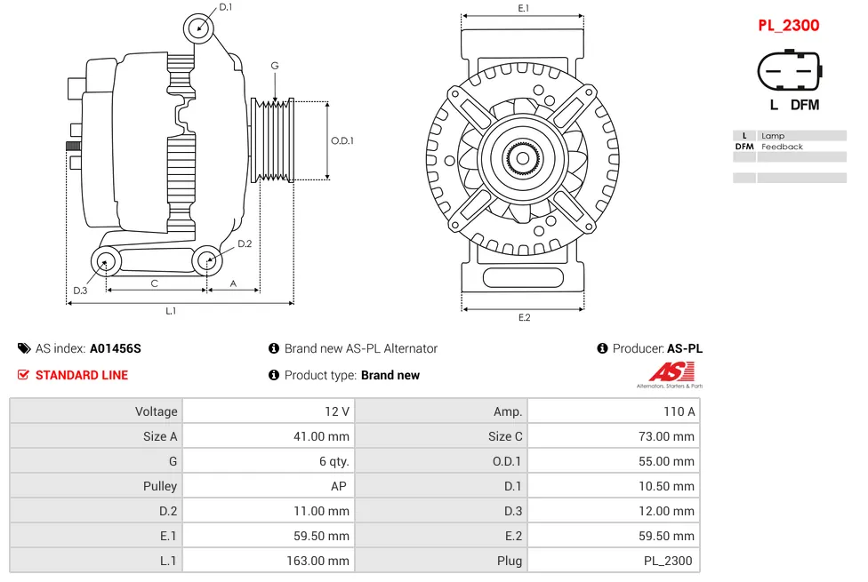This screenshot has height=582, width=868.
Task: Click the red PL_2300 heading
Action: point(788,26)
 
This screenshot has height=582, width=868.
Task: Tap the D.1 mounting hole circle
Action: point(199,28)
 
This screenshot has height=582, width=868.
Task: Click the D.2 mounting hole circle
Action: point(207,260)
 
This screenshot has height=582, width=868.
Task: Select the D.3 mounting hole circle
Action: point(106,261)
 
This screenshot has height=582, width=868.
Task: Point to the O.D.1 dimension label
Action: point(342,140)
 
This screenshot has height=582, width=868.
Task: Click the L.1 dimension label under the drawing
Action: point(171,311)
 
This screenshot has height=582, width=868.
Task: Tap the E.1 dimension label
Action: point(523,8)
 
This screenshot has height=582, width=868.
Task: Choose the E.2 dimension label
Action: point(523,318)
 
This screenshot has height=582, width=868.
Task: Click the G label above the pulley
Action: point(275,66)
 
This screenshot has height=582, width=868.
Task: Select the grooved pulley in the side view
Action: point(274,140)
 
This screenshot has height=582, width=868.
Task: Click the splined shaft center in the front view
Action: point(522,159)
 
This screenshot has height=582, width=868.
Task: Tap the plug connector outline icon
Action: point(788,70)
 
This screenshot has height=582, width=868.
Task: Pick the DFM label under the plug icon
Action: point(804,105)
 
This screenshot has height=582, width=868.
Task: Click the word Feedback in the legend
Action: point(782,147)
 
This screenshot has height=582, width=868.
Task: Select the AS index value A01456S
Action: point(115,348)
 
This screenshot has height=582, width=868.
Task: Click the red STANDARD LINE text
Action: point(81,375)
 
